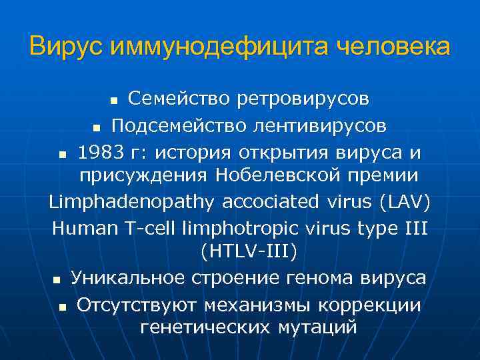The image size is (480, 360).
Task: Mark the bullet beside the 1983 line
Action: tap(61, 153)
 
